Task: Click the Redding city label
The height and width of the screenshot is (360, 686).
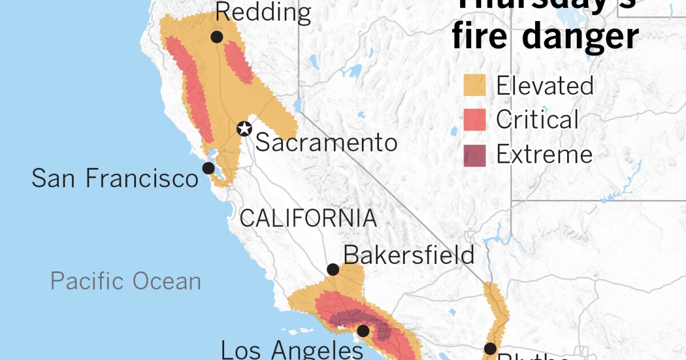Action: [x=264, y=13]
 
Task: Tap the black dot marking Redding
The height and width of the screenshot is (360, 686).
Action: [x=217, y=37]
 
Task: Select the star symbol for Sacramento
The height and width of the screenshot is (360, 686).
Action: [x=245, y=129]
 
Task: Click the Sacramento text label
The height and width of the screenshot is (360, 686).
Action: [x=326, y=142]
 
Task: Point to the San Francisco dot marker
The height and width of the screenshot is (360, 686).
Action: [x=209, y=168]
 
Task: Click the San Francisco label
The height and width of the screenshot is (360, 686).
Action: [x=114, y=178]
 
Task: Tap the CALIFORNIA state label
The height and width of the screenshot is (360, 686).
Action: [x=308, y=218]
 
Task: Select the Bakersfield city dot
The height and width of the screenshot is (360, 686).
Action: [x=333, y=270]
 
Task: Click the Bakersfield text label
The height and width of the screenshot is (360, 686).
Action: [x=409, y=255]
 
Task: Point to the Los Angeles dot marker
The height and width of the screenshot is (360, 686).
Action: [x=363, y=330]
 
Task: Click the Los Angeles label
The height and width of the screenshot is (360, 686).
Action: [x=292, y=349]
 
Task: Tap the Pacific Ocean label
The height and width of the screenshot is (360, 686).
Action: [x=126, y=281]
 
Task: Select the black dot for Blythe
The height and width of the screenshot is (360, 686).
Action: [x=490, y=349]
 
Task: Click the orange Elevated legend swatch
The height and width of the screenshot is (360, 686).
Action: [x=474, y=86]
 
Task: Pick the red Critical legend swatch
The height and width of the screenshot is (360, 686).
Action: [x=474, y=120]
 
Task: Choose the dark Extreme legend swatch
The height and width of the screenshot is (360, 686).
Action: [x=474, y=155]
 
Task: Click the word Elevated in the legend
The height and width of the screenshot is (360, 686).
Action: [x=545, y=86]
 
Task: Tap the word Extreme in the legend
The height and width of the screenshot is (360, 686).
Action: [x=544, y=155]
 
